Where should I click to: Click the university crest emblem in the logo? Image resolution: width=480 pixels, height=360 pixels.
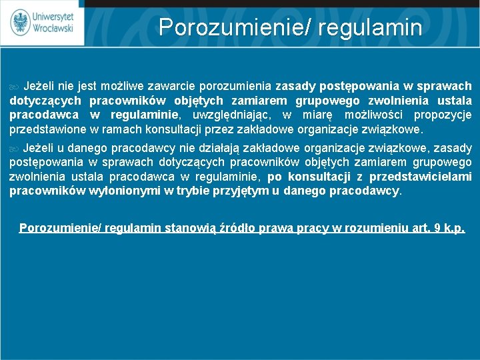coord(21,22)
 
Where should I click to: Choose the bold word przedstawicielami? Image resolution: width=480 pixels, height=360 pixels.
coord(427,177)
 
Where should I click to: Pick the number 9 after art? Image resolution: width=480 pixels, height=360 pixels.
coord(436,228)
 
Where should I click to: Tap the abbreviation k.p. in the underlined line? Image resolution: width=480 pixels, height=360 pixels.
coord(453,228)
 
